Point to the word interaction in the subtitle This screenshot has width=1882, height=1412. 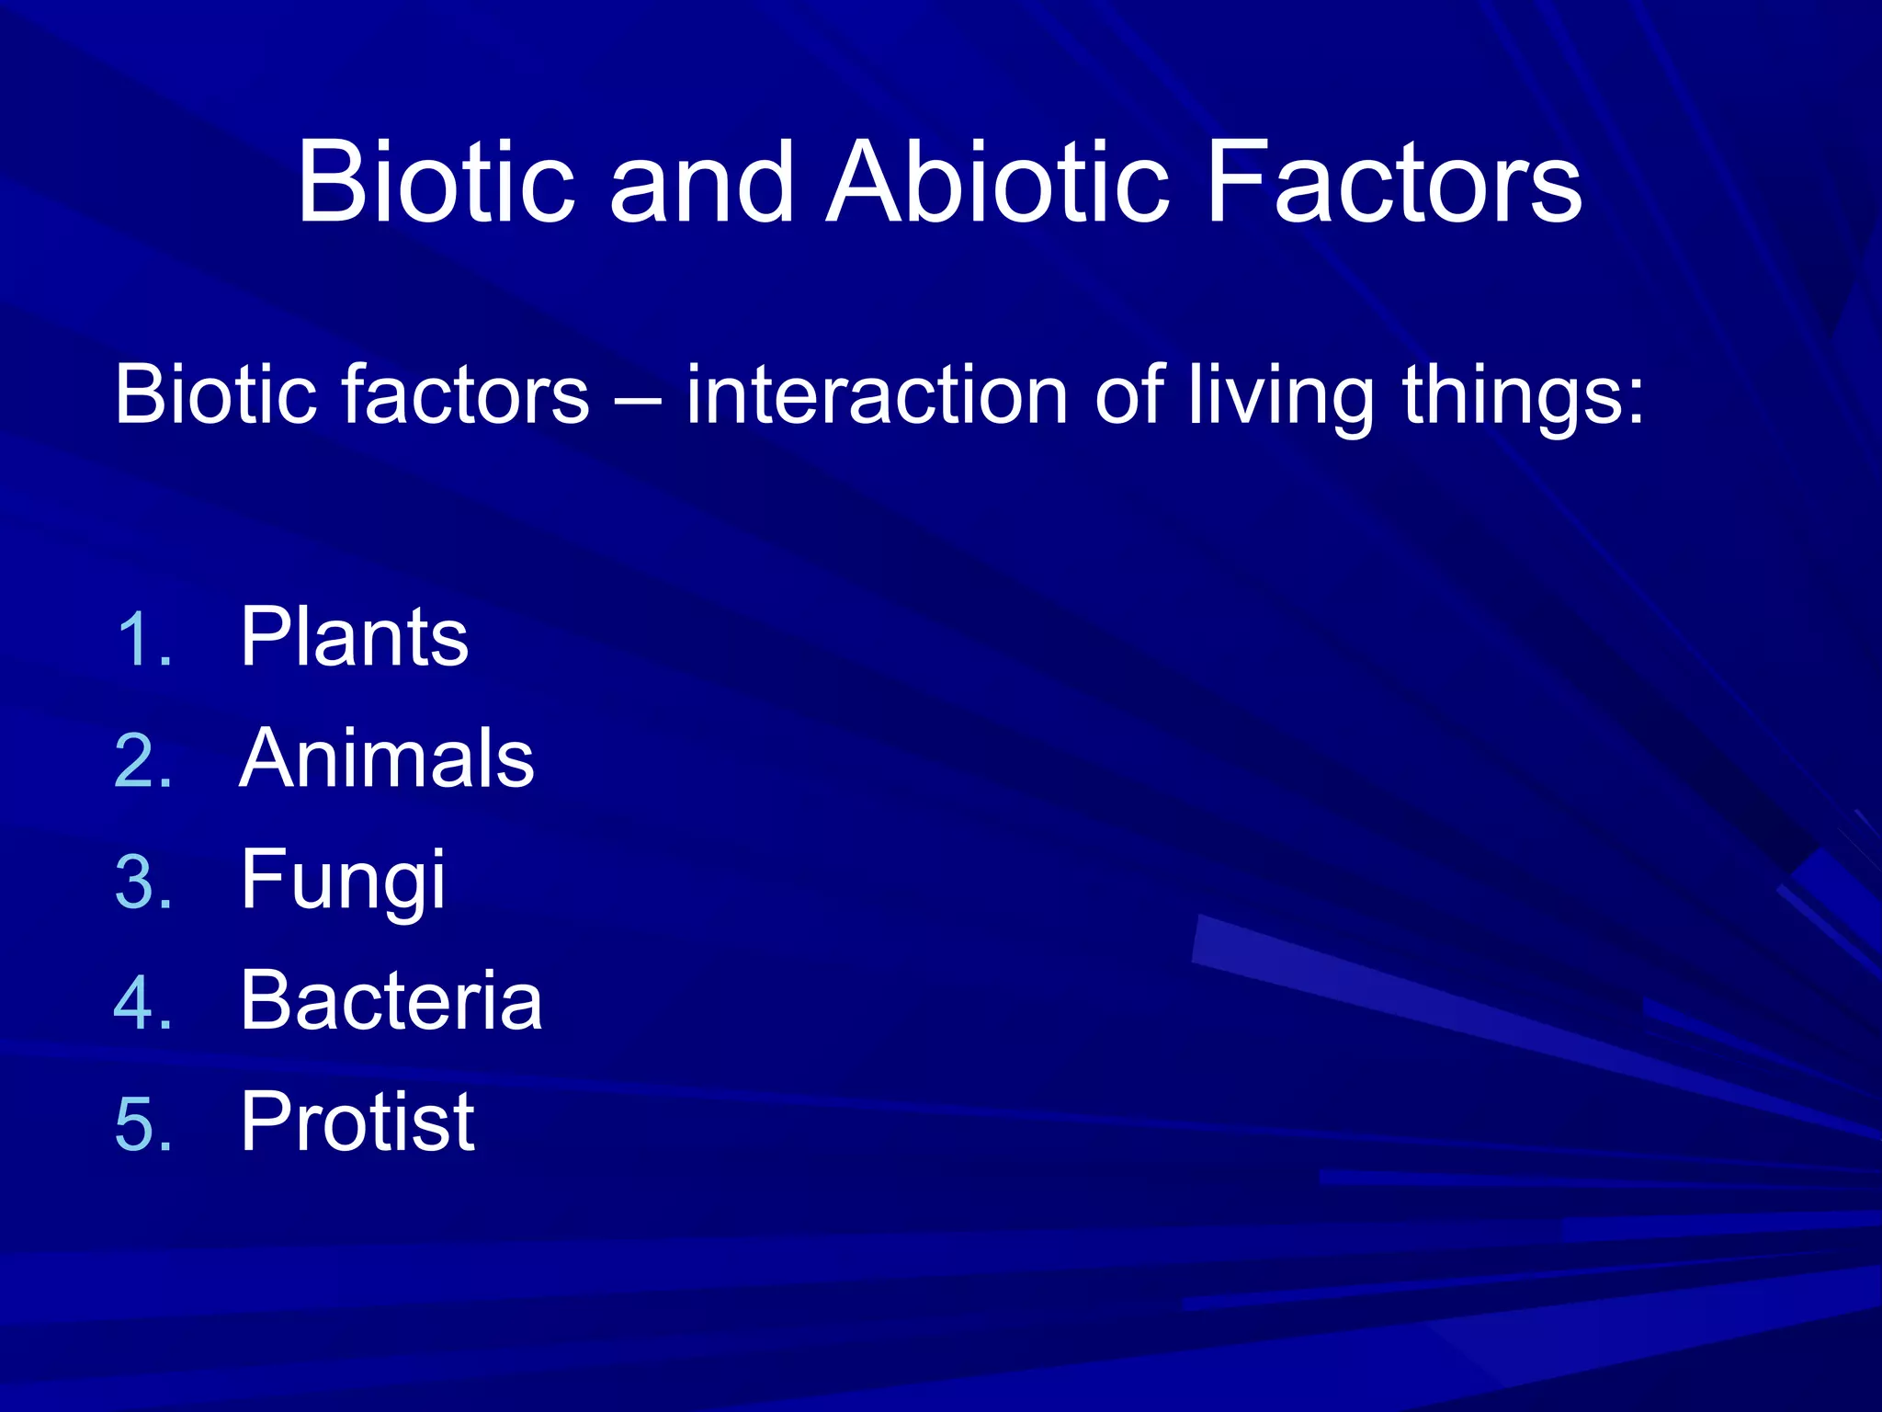click(x=877, y=395)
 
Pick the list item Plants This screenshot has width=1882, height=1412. click(x=354, y=636)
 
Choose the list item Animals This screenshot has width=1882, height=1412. click(x=386, y=758)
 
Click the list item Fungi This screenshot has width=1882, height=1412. click(x=342, y=881)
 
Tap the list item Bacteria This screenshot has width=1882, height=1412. click(x=391, y=1000)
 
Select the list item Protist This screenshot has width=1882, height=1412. click(x=357, y=1122)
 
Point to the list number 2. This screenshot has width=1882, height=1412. click(x=143, y=762)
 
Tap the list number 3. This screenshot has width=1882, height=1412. click(x=143, y=882)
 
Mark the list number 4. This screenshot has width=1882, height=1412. click(x=143, y=1003)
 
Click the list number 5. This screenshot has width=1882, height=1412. click(x=143, y=1124)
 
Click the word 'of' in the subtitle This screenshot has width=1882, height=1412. click(x=1128, y=395)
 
